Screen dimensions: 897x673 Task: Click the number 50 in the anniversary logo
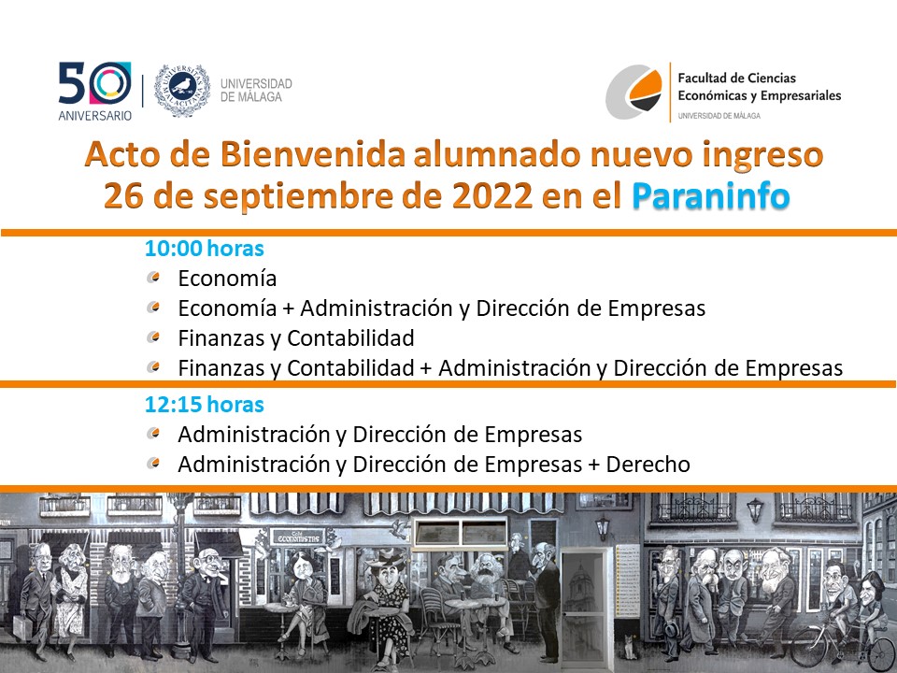point(95,83)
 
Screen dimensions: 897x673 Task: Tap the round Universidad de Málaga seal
point(182,91)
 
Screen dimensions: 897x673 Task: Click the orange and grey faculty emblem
point(634,92)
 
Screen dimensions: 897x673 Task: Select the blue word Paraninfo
point(710,195)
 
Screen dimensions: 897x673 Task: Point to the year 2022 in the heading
point(492,195)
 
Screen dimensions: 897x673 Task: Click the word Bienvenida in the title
point(313,154)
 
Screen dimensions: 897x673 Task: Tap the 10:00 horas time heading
point(205,249)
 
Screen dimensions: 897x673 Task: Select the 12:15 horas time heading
point(205,405)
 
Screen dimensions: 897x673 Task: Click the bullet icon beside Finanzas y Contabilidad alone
point(152,337)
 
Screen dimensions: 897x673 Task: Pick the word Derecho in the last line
point(648,465)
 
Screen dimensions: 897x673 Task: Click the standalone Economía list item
point(227,279)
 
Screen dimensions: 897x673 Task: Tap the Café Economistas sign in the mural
point(297,537)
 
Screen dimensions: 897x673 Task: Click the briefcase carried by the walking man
point(21,627)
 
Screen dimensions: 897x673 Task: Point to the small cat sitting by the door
point(630,646)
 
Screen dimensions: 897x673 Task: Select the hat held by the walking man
point(672,629)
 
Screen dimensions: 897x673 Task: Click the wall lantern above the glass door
point(602,527)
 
